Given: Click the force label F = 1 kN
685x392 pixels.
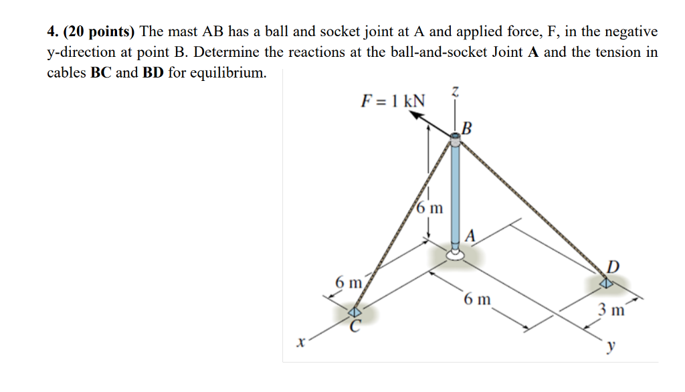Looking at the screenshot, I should pyautogui.click(x=392, y=101).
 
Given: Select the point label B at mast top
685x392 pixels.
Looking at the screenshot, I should pyautogui.click(x=467, y=128).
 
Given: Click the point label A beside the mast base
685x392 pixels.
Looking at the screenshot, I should pyautogui.click(x=471, y=235).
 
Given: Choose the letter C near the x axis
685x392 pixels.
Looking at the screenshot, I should pyautogui.click(x=356, y=326).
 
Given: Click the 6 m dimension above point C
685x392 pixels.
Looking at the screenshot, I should pyautogui.click(x=348, y=282).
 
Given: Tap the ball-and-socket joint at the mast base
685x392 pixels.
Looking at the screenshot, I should pyautogui.click(x=456, y=253).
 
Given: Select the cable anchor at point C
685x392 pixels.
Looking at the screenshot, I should pyautogui.click(x=355, y=312).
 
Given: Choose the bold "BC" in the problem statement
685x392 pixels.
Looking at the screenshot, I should pyautogui.click(x=100, y=72).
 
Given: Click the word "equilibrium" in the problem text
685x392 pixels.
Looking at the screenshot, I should pyautogui.click(x=227, y=72).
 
